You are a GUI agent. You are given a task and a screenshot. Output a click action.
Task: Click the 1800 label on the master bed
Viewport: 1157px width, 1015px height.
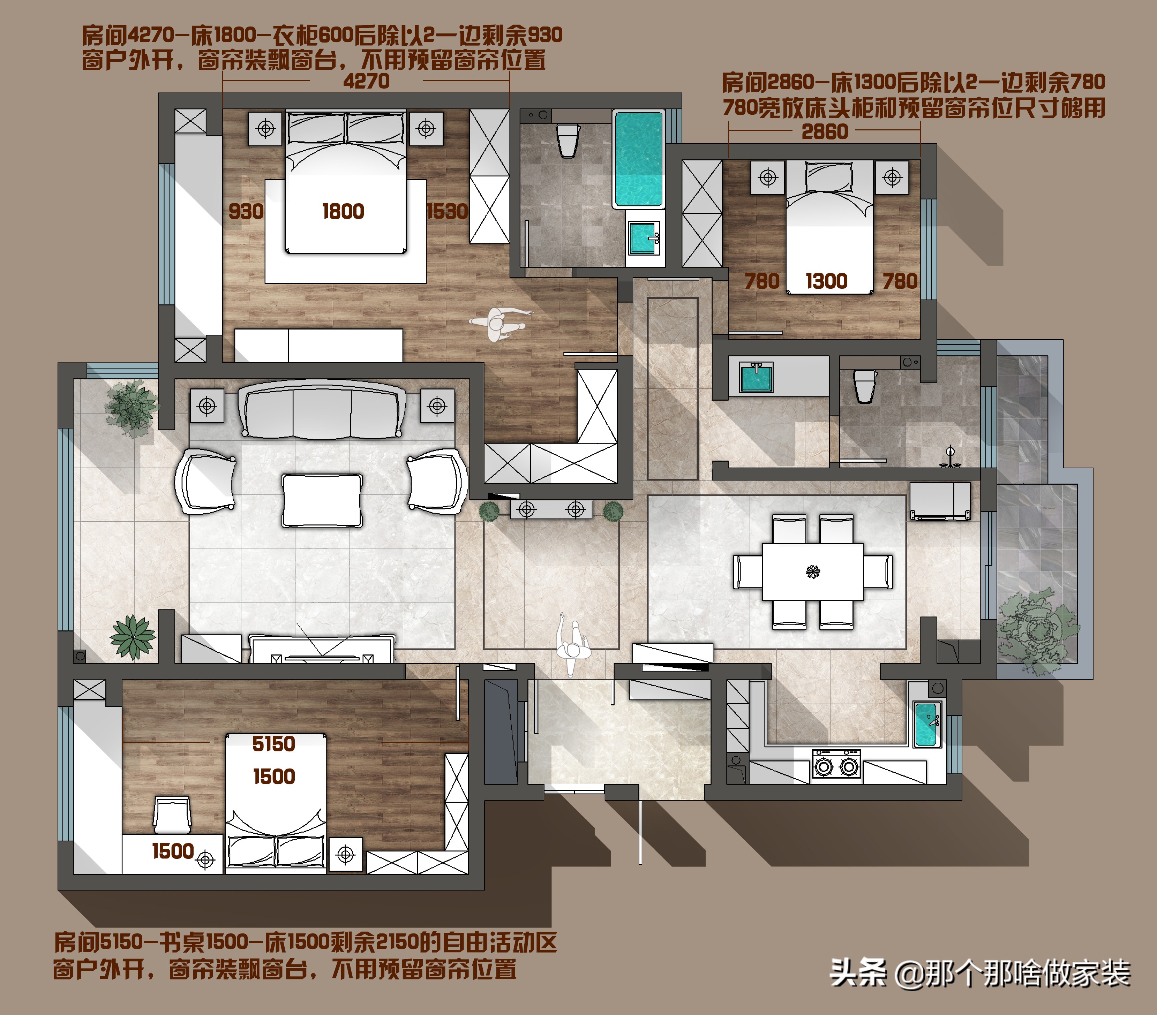pyautogui.click(x=343, y=212)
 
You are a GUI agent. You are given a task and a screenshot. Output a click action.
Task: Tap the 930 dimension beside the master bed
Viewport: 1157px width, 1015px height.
pyautogui.click(x=246, y=212)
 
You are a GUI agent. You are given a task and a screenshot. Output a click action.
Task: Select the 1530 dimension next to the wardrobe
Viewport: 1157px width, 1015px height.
pyautogui.click(x=447, y=212)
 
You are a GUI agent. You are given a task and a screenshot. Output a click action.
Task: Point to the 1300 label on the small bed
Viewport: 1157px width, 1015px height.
pyautogui.click(x=826, y=281)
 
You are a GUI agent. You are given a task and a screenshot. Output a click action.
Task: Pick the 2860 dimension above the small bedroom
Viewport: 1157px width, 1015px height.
pyautogui.click(x=825, y=132)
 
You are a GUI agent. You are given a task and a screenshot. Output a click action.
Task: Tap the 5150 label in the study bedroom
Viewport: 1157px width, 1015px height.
pyautogui.click(x=273, y=744)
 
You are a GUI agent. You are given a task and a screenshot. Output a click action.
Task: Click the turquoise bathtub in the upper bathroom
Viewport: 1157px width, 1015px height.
pyautogui.click(x=639, y=159)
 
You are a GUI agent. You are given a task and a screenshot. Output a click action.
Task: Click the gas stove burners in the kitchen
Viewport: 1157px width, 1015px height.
pyautogui.click(x=836, y=766)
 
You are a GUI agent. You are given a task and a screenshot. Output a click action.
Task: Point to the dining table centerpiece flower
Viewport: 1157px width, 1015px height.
pyautogui.click(x=813, y=571)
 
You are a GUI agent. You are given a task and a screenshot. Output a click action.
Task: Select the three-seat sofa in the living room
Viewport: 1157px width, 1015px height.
pyautogui.click(x=322, y=409)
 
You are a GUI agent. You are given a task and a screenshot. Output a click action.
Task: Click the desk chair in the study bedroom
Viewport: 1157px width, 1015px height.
pyautogui.click(x=172, y=815)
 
